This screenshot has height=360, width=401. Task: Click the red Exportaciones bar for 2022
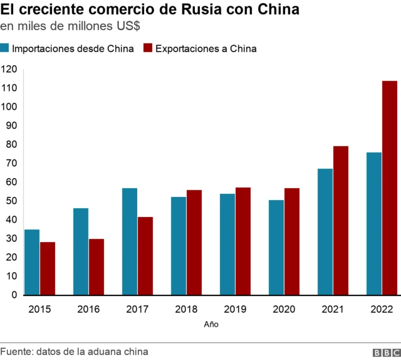tap(390, 188)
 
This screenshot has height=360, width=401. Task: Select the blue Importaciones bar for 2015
tap(32, 262)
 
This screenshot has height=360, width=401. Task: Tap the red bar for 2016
tap(96, 267)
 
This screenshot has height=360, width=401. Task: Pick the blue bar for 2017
tap(130, 241)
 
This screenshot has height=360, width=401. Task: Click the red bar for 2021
tap(341, 220)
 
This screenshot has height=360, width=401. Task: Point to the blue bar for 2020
tap(276, 247)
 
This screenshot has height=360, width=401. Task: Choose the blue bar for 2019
tap(227, 244)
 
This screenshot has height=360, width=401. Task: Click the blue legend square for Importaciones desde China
tap(5, 49)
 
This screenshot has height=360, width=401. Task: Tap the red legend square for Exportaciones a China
tap(148, 49)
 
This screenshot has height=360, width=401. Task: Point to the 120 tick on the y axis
tap(9, 69)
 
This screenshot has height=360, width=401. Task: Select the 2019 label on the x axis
tap(235, 309)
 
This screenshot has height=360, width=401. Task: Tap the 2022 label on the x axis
tap(382, 309)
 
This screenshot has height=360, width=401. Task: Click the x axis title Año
tap(211, 325)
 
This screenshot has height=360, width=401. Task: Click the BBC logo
tap(384, 352)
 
